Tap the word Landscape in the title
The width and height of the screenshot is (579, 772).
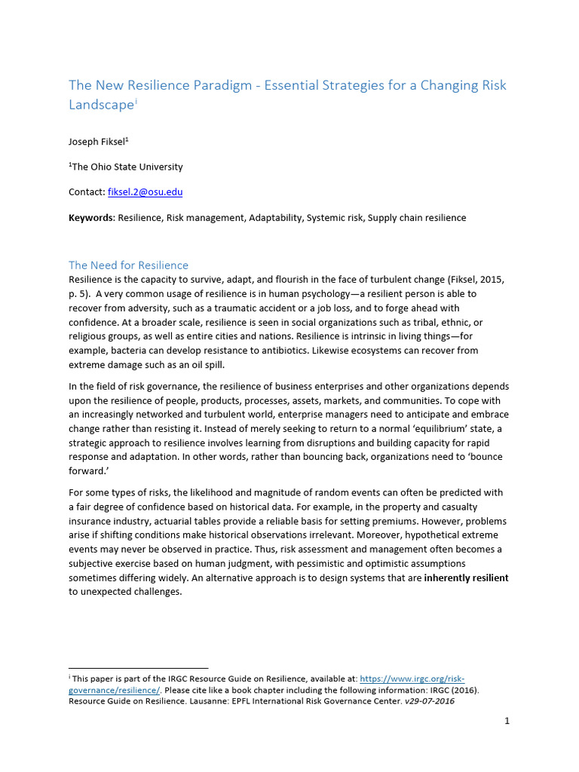(100, 106)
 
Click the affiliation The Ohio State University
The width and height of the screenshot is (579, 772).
(127, 167)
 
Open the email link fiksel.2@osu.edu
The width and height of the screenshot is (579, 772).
(146, 192)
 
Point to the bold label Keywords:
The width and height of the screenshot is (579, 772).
(91, 218)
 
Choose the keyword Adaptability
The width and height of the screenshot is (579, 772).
(268, 218)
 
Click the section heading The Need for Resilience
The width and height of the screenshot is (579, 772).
(128, 265)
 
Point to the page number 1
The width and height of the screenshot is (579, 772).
(507, 721)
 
